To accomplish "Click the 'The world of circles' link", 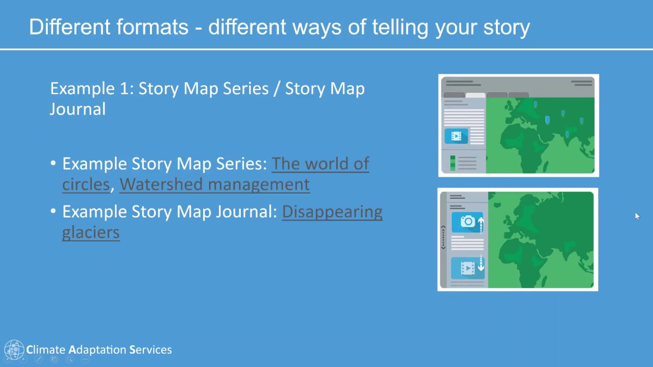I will pyautogui.click(x=320, y=164).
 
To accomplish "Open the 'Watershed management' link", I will pyautogui.click(x=214, y=184).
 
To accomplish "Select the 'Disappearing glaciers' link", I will pyautogui.click(x=332, y=212).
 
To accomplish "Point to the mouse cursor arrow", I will pyautogui.click(x=637, y=216).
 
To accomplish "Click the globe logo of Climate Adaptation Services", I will pyautogui.click(x=14, y=350).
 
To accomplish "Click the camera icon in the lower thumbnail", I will pyautogui.click(x=467, y=222).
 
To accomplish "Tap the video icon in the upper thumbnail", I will pyautogui.click(x=456, y=136).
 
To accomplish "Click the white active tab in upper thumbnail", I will pyautogui.click(x=475, y=95).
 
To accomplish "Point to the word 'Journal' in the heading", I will pyautogui.click(x=78, y=109).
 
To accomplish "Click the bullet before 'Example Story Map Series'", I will pyautogui.click(x=54, y=164).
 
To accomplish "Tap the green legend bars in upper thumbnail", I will pyautogui.click(x=453, y=163).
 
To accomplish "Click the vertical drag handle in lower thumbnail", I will pyautogui.click(x=443, y=238).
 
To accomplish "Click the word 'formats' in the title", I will pyautogui.click(x=152, y=27).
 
